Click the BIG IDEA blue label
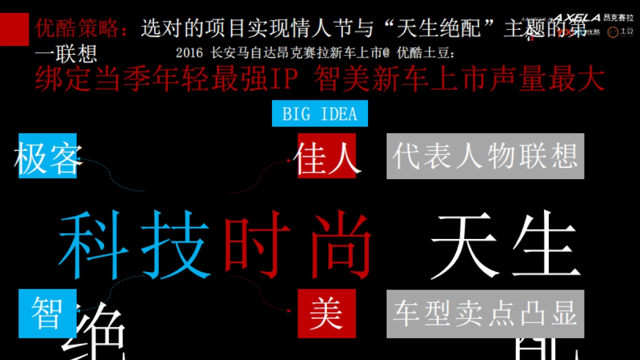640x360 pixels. tap(319, 114)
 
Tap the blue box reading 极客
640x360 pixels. tap(47, 156)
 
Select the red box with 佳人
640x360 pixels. tap(326, 156)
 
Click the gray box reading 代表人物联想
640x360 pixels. tap(485, 156)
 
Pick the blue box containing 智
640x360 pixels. tap(47, 314)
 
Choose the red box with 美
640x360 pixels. tap(326, 314)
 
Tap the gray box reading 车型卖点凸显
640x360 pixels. tap(485, 314)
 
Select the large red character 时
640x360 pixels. tap(258, 245)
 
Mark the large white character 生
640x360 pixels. tap(544, 245)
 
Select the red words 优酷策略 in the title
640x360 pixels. tap(80, 28)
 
